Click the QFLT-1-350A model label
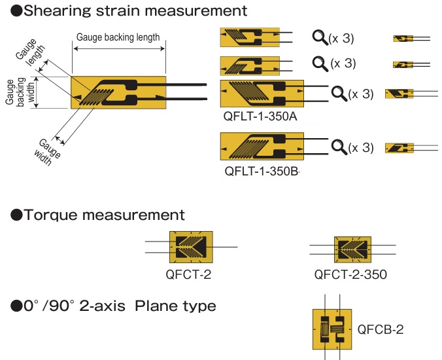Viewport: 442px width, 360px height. (x=260, y=117)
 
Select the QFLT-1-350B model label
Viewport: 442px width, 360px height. (x=261, y=171)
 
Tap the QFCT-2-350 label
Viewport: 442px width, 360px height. (x=350, y=274)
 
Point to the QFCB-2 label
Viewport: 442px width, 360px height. (x=381, y=329)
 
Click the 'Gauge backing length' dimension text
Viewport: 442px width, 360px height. (x=118, y=37)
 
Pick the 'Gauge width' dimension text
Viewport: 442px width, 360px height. (x=47, y=152)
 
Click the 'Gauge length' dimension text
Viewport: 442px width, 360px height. (x=30, y=52)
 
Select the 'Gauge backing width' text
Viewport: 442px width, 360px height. (x=20, y=92)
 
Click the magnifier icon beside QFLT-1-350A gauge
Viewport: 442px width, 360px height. (x=339, y=94)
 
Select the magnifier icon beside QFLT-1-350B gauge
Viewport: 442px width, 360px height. (x=339, y=147)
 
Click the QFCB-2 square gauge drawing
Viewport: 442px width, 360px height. (x=332, y=329)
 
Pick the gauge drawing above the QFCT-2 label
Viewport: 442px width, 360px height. (x=191, y=247)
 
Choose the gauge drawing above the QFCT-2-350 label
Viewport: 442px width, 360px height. (x=352, y=249)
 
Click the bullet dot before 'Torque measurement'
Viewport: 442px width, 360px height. (x=16, y=215)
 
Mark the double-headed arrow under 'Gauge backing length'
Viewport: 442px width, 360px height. (x=119, y=49)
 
